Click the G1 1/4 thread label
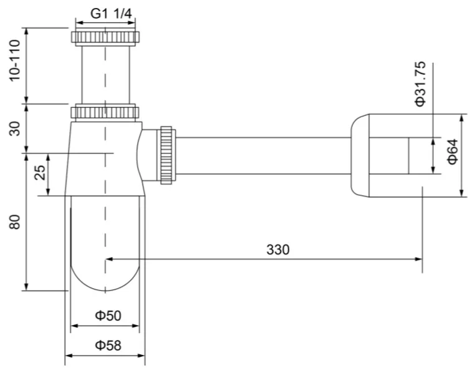click(x=111, y=14)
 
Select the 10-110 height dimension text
click(x=15, y=61)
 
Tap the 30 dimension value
click(x=15, y=128)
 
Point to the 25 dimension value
click(x=40, y=173)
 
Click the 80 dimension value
click(x=15, y=222)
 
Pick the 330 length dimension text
click(x=278, y=249)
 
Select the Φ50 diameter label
click(x=108, y=316)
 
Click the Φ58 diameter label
click(x=108, y=346)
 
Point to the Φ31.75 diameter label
click(x=420, y=84)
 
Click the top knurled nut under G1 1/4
click(x=105, y=37)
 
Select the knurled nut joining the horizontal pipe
click(x=166, y=155)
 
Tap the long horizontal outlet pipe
click(x=263, y=155)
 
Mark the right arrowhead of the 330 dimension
click(x=419, y=259)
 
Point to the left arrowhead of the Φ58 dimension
click(x=69, y=356)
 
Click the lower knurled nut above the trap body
click(x=105, y=112)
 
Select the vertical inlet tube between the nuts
click(x=105, y=75)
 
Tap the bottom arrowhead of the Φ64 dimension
click(x=462, y=193)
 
